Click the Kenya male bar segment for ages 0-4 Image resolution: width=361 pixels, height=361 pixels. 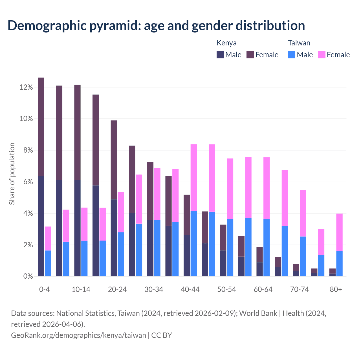pos(41,226)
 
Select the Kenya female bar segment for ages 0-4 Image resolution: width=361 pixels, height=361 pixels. pos(41,127)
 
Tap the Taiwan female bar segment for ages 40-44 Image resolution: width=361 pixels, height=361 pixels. pos(194,178)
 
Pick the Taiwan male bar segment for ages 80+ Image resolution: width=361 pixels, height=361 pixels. pos(339,263)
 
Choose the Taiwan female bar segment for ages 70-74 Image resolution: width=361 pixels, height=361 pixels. pos(303,213)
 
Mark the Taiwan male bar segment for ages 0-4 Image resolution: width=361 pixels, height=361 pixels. pos(48,263)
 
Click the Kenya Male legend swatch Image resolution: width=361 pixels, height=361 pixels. pos(220,55)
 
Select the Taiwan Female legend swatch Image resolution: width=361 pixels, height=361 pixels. pos(322,55)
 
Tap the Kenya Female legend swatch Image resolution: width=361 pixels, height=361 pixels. pos(250,55)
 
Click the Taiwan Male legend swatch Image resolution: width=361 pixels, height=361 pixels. pos(292,55)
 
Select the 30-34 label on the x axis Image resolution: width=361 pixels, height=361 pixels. pos(154,290)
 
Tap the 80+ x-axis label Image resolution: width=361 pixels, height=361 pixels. pos(336,290)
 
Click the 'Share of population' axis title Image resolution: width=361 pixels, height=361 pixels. pos(12,173)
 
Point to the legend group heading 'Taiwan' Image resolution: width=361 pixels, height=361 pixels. pos(299,43)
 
